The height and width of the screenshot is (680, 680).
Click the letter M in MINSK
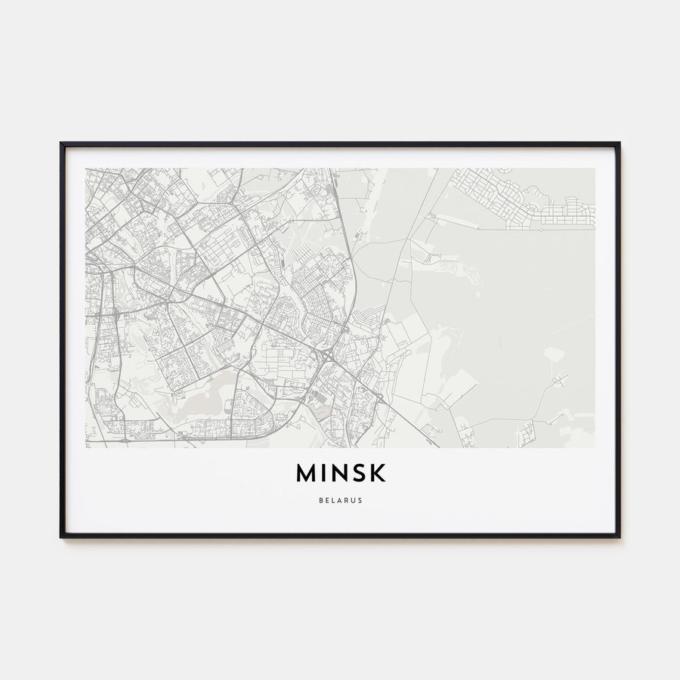tap(307, 472)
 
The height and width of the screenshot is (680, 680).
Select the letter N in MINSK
tap(341, 472)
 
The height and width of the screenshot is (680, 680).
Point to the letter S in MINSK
tap(360, 472)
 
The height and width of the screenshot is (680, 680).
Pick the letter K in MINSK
tap(378, 472)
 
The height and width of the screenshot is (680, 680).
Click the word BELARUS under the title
tap(340, 499)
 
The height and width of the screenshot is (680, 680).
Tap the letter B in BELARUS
tap(320, 499)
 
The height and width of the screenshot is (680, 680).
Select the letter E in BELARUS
tap(326, 499)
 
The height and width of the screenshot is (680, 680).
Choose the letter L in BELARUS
tap(332, 499)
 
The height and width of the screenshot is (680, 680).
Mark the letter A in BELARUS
tap(339, 499)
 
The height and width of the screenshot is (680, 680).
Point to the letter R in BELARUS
tap(346, 499)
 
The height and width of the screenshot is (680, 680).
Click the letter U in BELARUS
tap(353, 499)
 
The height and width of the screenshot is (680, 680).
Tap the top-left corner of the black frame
tap(61, 143)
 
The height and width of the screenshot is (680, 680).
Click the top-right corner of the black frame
tap(619, 143)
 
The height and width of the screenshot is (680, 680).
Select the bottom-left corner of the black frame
tap(61, 536)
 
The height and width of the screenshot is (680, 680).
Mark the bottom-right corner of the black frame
tap(619, 536)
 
